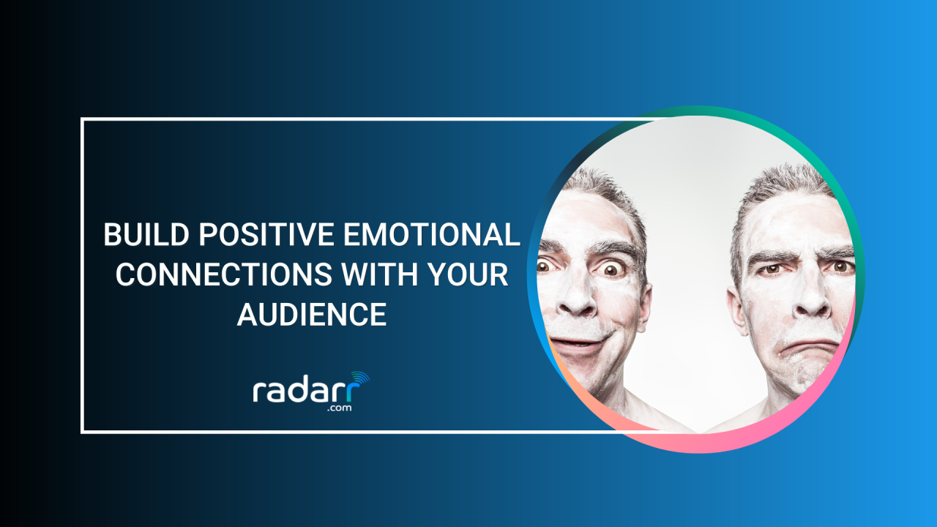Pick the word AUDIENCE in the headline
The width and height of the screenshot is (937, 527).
(312, 315)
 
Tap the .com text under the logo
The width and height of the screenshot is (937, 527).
(339, 408)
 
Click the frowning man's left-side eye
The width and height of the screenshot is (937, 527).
(769, 269)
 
